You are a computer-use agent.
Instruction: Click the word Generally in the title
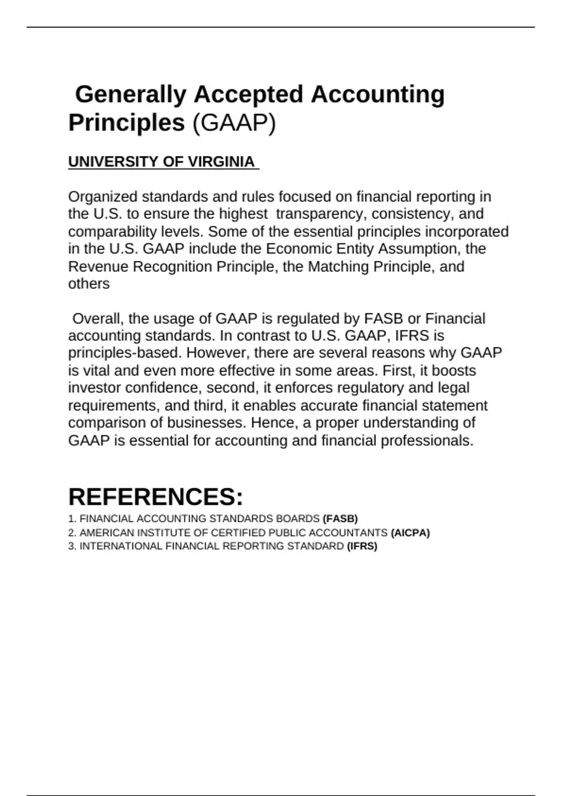(x=131, y=95)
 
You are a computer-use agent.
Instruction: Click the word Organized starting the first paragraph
(x=103, y=197)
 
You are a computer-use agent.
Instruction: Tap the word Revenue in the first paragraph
(x=98, y=267)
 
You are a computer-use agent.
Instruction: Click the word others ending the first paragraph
(x=89, y=284)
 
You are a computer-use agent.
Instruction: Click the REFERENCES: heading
(x=155, y=497)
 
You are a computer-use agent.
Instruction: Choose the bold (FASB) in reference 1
(x=340, y=519)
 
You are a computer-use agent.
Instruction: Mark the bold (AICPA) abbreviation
(x=410, y=533)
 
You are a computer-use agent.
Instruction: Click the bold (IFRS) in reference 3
(x=362, y=546)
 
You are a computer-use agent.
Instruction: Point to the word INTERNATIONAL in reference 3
(x=121, y=546)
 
